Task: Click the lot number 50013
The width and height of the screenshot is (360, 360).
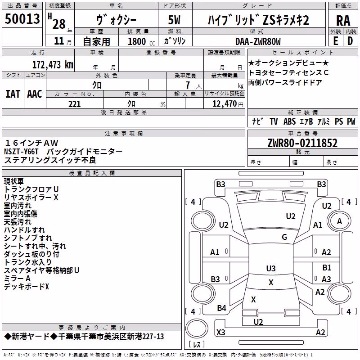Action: (22, 18)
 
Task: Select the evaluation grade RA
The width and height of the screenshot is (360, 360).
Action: (343, 21)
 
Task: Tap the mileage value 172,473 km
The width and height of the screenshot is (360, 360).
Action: (53, 64)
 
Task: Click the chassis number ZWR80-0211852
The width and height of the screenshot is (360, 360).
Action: (302, 143)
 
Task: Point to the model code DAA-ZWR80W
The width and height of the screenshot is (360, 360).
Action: (258, 41)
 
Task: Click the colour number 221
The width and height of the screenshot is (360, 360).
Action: (75, 104)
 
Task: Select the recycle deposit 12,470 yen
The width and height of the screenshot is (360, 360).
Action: (228, 104)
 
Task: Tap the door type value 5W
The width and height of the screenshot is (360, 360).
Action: (174, 20)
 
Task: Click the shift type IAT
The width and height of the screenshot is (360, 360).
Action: (13, 94)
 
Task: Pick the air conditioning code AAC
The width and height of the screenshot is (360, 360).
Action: (35, 94)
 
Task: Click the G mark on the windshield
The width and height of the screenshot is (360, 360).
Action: (284, 237)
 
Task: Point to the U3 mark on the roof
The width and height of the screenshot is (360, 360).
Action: (271, 268)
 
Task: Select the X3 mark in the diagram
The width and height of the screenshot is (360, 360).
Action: (221, 332)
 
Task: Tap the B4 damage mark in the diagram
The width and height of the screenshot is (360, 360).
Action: (221, 308)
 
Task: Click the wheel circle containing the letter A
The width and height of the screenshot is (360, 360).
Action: (339, 221)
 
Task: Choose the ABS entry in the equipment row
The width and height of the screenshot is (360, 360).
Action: (289, 121)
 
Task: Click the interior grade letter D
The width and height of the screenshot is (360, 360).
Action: (350, 41)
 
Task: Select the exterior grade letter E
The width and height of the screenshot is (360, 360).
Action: (336, 41)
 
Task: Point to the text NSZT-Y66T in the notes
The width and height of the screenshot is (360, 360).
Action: (21, 152)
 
